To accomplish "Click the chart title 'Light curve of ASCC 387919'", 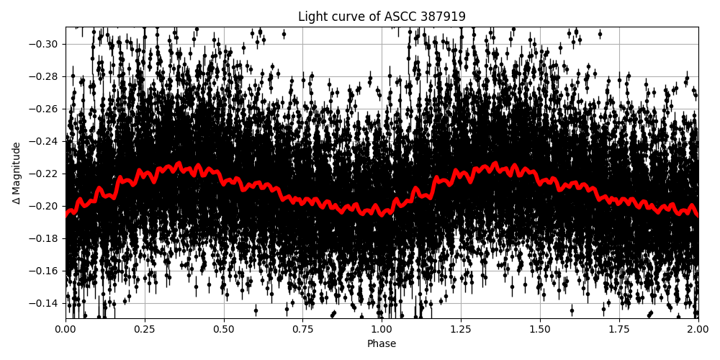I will coord(382,17).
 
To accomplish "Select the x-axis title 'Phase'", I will coord(382,344).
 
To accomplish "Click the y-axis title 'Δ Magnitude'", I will coord(17,173).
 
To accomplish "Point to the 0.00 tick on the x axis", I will coord(66,330).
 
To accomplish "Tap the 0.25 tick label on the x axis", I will coord(145,330).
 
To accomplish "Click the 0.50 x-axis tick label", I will coord(224,330).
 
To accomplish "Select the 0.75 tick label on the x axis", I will coord(302,330).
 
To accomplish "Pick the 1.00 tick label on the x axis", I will coord(382,330).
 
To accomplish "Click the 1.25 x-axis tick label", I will coord(461,330).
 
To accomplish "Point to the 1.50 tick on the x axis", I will coord(540,330).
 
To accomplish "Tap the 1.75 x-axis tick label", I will coord(619,330).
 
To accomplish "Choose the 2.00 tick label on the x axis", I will coord(698,330).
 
